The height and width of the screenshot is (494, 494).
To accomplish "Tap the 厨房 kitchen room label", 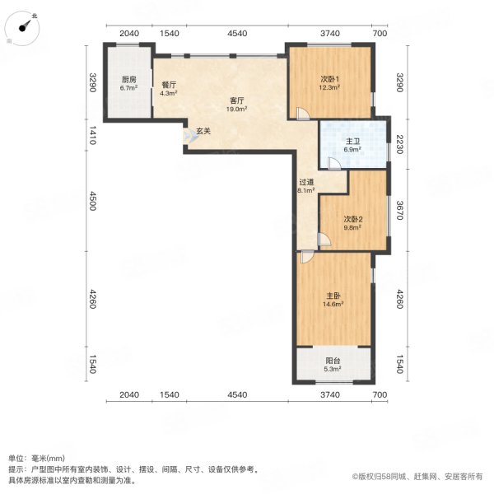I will coord(128,80).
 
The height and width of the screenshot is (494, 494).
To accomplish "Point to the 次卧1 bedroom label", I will coord(329,80).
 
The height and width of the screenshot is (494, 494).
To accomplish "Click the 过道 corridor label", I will coord(306,182).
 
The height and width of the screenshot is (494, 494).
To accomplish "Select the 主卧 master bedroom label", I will coord(332,296).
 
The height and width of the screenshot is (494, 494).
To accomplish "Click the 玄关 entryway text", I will coord(203,130).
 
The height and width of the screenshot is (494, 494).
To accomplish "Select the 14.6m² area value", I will coord(332,304).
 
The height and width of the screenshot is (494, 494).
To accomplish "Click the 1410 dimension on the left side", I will coord(93,133).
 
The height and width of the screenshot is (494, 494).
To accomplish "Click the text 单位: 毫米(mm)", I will coord(37,459).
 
